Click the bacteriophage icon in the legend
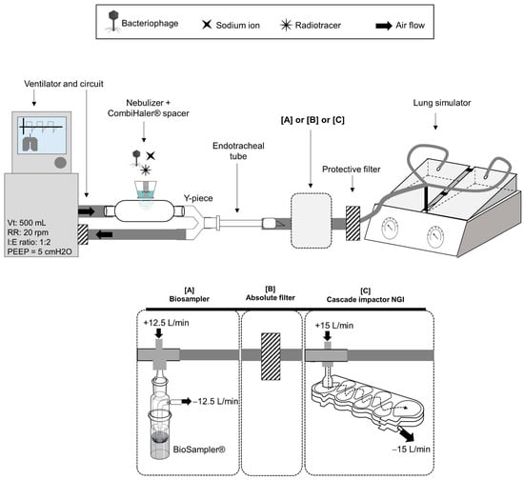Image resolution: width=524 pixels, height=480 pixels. pyautogui.click(x=113, y=21)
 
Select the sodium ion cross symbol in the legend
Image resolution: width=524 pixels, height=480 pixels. pyautogui.click(x=207, y=25)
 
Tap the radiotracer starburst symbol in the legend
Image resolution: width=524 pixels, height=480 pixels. pyautogui.click(x=286, y=25)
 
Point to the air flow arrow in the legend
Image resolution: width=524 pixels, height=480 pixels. pyautogui.click(x=384, y=26)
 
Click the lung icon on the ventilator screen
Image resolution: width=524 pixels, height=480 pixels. pyautogui.click(x=30, y=142)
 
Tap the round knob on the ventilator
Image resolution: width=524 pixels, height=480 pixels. pyautogui.click(x=60, y=162)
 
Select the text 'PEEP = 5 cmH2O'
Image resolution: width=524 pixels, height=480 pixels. pyautogui.click(x=39, y=251)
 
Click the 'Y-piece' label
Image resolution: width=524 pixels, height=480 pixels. pyautogui.click(x=198, y=198)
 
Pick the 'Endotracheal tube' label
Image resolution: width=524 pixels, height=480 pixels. pyautogui.click(x=238, y=150)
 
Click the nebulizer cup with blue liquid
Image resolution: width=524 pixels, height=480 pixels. pyautogui.click(x=146, y=190)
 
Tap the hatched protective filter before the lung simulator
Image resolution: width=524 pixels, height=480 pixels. pyautogui.click(x=353, y=223)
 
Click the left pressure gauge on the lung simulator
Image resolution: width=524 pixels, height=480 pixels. pyautogui.click(x=390, y=229)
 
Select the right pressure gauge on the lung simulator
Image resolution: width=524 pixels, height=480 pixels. pyautogui.click(x=435, y=236)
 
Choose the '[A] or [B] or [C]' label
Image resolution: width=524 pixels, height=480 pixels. pyautogui.click(x=312, y=120)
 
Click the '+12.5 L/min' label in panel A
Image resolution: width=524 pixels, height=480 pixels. pyautogui.click(x=166, y=323)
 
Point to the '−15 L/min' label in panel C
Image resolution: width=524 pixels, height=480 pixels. pyautogui.click(x=411, y=449)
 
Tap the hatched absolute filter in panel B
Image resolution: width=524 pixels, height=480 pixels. pyautogui.click(x=271, y=356)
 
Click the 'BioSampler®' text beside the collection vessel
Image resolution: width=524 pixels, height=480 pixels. pyautogui.click(x=199, y=450)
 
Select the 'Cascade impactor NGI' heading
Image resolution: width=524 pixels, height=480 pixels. pyautogui.click(x=365, y=299)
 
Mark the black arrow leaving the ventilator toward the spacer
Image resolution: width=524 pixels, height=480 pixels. pyautogui.click(x=86, y=211)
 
